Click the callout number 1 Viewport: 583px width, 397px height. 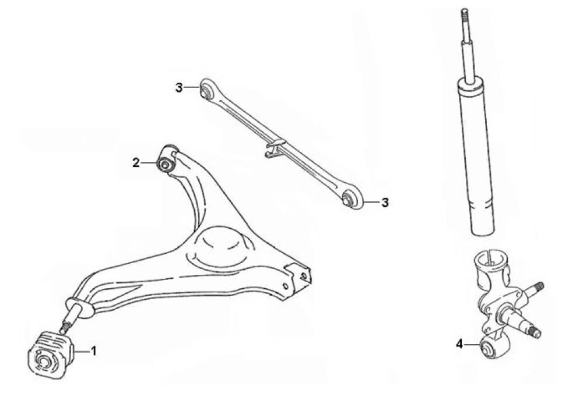94,350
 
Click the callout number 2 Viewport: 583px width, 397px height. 136,162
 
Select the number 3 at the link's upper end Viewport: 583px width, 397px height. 179,88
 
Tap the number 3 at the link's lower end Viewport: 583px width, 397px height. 385,203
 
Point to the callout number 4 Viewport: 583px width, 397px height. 459,344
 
